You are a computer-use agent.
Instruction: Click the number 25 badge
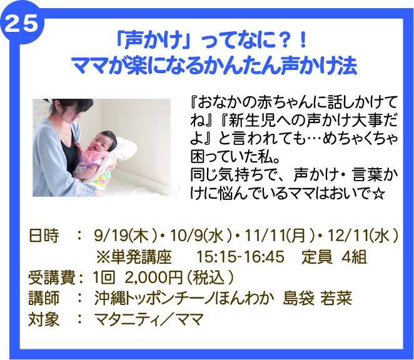[x=21, y=23]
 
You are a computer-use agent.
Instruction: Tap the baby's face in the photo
[x=102, y=143]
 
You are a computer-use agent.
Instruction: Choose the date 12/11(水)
[x=362, y=236]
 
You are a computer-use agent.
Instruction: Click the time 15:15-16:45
[x=241, y=257]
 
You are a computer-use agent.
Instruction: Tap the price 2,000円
[x=154, y=277]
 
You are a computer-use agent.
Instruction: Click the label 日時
[x=44, y=236]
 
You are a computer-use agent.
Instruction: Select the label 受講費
[x=51, y=277]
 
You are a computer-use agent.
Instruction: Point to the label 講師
[x=44, y=299]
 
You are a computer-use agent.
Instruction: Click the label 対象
[x=44, y=319]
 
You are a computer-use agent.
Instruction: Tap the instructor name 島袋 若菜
[x=317, y=299]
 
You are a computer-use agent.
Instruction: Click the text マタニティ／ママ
[x=149, y=319]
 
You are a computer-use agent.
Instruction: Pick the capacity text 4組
[x=354, y=257]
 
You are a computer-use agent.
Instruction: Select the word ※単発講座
[x=134, y=257]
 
